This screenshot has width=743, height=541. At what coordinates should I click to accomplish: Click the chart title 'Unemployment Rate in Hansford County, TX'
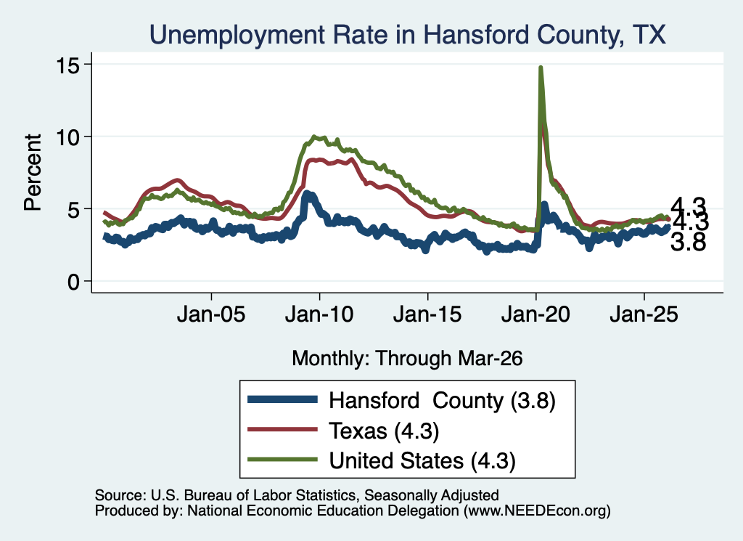click(x=408, y=35)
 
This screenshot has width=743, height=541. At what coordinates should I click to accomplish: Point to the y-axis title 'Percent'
click(x=33, y=172)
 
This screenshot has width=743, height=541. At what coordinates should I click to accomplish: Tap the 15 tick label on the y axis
click(x=67, y=65)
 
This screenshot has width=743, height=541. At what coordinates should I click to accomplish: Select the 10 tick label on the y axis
click(x=67, y=137)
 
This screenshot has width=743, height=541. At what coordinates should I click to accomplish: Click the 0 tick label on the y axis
click(x=73, y=282)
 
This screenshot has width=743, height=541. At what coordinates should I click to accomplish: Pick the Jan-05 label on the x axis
click(x=211, y=314)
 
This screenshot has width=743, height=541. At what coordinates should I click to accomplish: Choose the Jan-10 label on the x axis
click(x=319, y=314)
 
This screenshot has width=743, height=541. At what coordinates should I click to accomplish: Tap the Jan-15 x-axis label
click(x=427, y=314)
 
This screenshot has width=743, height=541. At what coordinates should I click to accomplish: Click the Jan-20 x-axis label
click(x=535, y=314)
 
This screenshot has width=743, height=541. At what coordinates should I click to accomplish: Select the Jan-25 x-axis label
click(x=644, y=314)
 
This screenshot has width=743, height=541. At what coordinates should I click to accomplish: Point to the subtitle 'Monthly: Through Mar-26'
click(x=407, y=359)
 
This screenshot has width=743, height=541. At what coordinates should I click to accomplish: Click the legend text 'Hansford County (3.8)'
click(x=442, y=401)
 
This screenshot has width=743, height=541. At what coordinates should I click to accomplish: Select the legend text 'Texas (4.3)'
click(x=385, y=431)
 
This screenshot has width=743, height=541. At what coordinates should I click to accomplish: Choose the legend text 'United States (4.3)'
click(x=422, y=461)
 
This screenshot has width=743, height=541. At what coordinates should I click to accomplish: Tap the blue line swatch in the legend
click(x=282, y=399)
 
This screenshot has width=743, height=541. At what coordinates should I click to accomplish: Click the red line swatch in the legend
click(x=282, y=430)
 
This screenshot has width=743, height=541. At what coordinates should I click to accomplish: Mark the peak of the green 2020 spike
click(x=541, y=68)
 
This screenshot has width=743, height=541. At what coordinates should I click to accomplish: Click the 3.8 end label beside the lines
click(x=689, y=242)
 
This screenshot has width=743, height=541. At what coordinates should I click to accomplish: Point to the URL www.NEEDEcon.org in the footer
click(x=537, y=511)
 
